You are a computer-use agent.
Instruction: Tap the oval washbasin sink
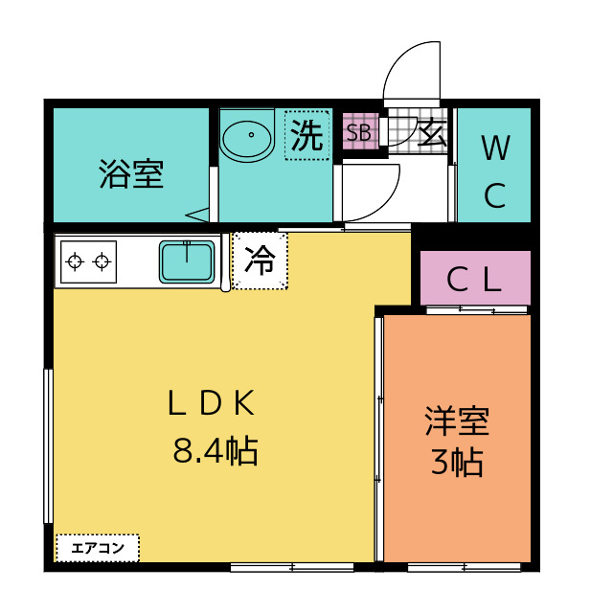[247, 139]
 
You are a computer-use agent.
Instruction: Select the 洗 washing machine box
[307, 134]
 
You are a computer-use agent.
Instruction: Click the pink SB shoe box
[359, 133]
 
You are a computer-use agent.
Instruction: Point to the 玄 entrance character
[432, 132]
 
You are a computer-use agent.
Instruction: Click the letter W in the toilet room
[494, 148]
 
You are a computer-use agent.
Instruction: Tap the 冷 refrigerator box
[260, 261]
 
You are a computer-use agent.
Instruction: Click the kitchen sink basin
[187, 261]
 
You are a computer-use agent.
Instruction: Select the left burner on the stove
[76, 260]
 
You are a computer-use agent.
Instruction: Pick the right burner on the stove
[101, 260]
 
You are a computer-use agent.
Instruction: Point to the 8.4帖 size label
[215, 450]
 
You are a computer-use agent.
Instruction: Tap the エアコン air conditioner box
[98, 548]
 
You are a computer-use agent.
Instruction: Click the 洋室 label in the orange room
[457, 421]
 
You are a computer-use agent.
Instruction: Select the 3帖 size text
[456, 463]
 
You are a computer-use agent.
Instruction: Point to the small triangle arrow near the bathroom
[198, 215]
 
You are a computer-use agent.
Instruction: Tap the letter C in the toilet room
[494, 196]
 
